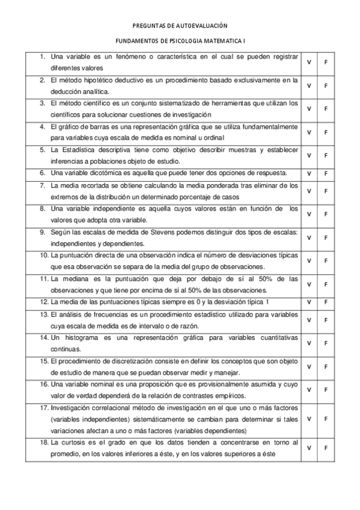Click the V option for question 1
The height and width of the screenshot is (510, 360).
tap(308, 62)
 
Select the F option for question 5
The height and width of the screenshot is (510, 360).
tap(326, 155)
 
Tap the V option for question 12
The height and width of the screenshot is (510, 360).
tap(308, 301)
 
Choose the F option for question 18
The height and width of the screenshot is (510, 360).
tap(326, 448)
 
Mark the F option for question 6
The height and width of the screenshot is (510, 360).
tap(326, 173)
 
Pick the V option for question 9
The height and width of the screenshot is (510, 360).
tap(308, 238)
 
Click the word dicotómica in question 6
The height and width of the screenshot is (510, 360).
tap(104, 173)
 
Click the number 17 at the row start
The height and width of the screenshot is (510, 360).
tap(44, 407)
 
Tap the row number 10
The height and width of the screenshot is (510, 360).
tap(44, 256)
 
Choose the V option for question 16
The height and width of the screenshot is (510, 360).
tap(308, 390)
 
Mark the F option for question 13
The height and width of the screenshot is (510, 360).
tap(326, 319)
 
